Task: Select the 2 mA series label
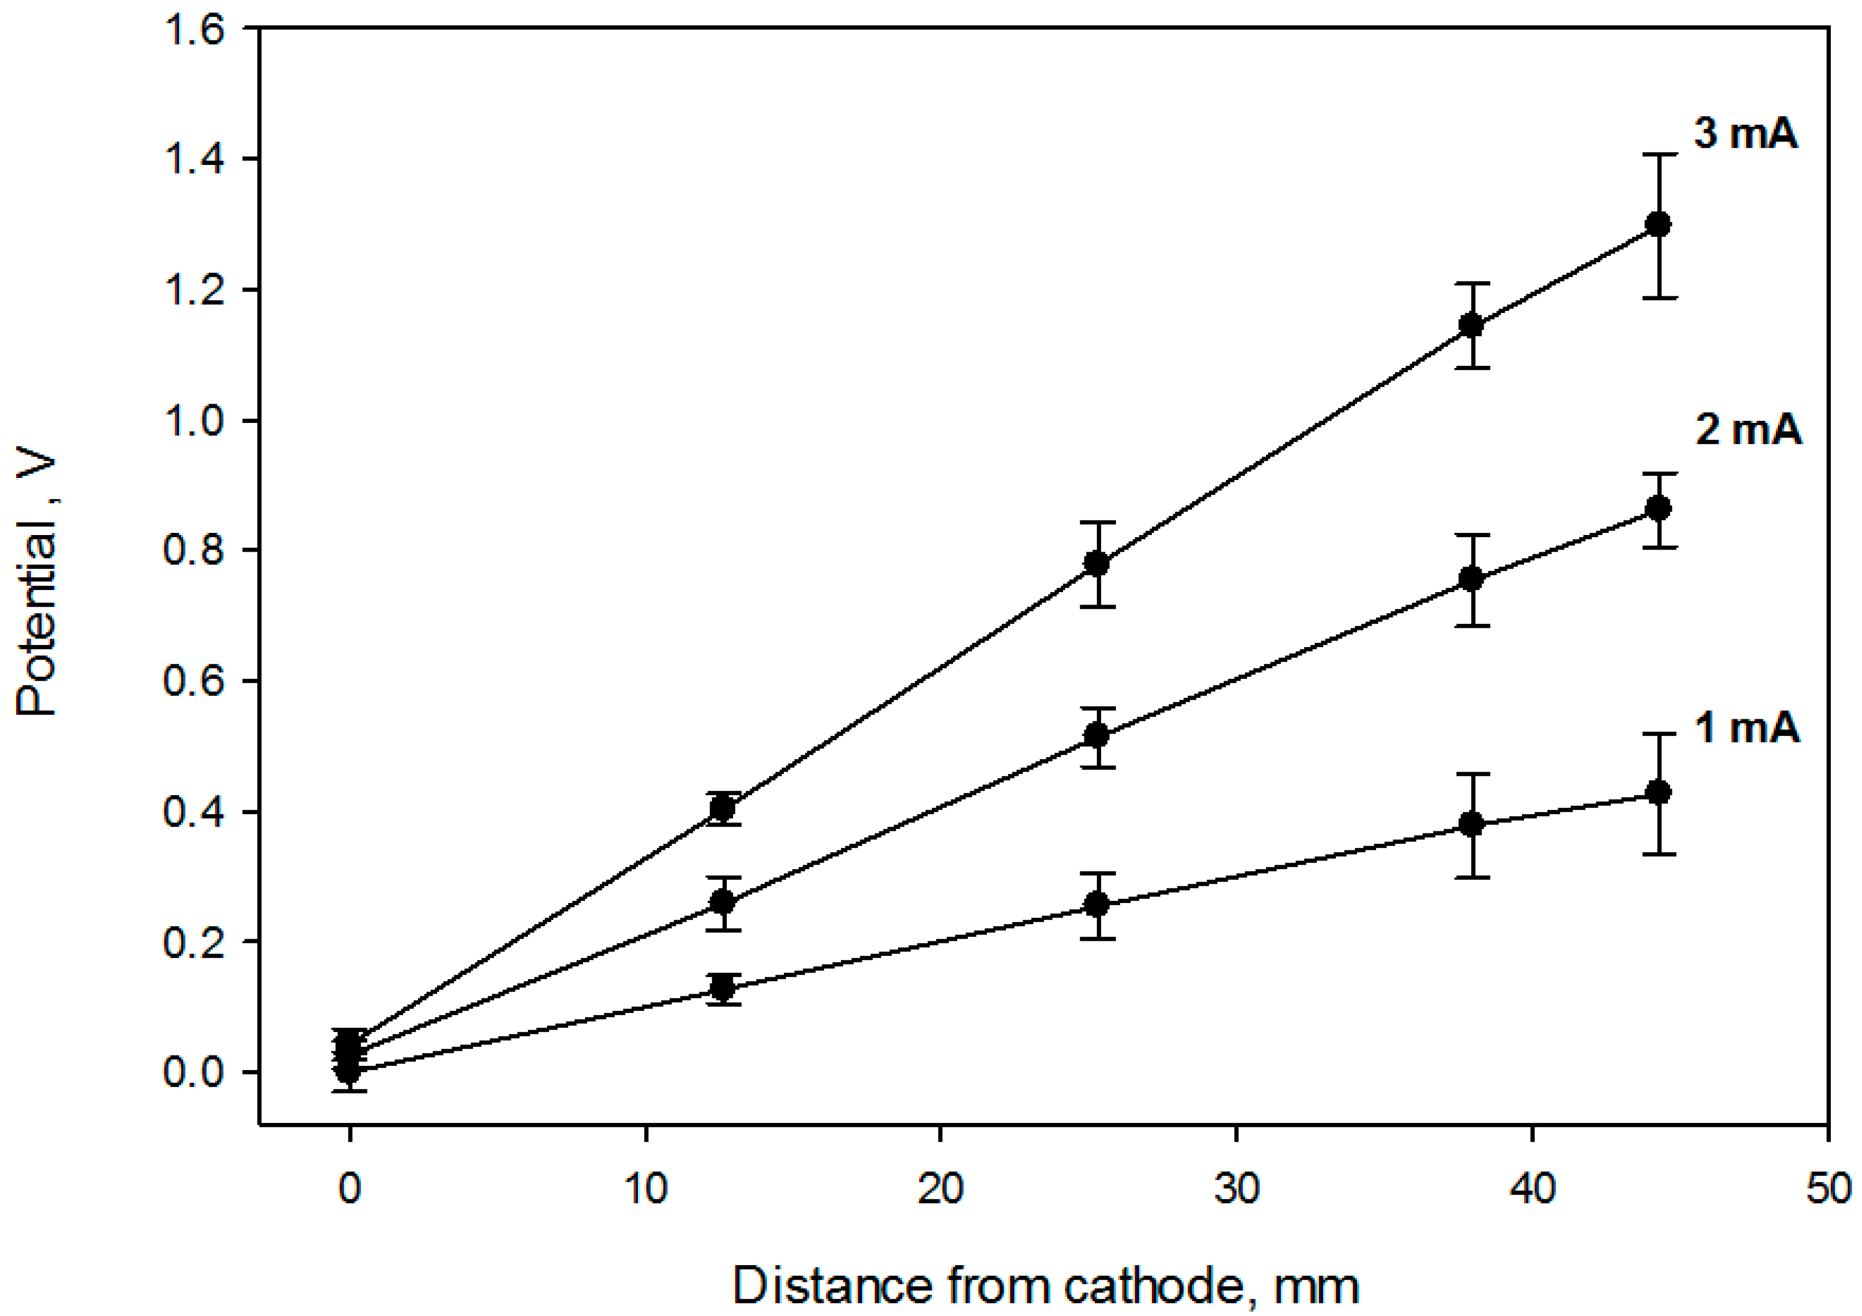1748,429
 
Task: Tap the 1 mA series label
1746,728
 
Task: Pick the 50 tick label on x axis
1826,1189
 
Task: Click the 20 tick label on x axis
940,1189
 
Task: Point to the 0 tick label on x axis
349,1189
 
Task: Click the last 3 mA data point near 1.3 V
1659,225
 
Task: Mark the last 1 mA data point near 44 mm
1659,792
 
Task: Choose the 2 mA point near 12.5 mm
723,902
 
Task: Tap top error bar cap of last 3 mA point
1659,154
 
